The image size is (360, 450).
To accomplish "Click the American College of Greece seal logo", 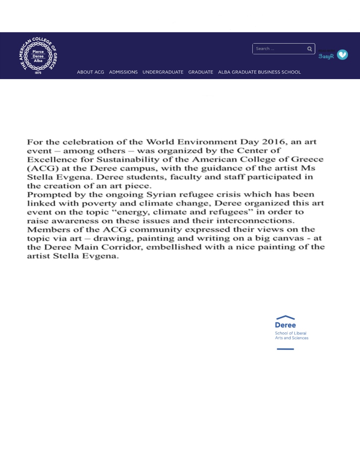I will [38, 56].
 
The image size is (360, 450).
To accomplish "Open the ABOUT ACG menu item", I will [90, 72].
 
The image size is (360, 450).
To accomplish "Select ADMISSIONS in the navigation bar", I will [123, 72].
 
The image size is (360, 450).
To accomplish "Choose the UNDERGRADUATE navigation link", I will [163, 72].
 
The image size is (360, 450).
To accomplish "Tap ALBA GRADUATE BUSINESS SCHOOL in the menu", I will [259, 72].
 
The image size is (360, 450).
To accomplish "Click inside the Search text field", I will [279, 49].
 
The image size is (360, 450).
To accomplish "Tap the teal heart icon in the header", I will [342, 55].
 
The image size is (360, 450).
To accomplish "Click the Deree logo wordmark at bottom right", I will [285, 324].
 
